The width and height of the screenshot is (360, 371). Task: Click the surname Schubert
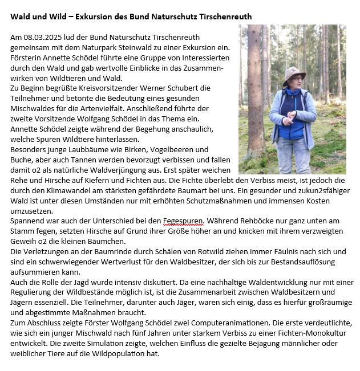191,88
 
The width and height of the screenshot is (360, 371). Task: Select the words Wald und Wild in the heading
38,17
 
